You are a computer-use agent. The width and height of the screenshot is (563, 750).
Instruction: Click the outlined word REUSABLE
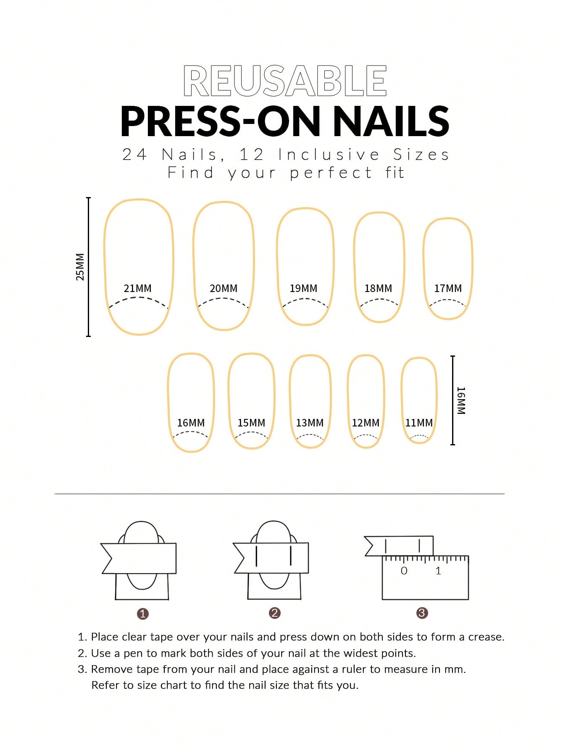click(285, 81)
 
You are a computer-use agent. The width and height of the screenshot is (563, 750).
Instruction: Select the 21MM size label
click(137, 289)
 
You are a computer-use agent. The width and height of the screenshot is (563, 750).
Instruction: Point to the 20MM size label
click(224, 289)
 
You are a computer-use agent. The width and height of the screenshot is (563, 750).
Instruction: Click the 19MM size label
click(303, 289)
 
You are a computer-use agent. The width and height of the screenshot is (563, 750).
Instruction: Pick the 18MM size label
click(378, 289)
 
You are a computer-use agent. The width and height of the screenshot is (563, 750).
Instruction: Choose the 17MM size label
click(448, 289)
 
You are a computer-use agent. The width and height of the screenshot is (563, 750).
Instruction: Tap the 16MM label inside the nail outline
click(191, 423)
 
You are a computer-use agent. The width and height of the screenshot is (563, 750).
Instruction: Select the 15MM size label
click(251, 423)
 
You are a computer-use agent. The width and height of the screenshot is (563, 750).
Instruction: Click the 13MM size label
click(310, 423)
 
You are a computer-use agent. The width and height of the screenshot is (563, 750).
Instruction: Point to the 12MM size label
click(366, 423)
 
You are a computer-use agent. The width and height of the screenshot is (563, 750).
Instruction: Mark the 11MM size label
click(419, 423)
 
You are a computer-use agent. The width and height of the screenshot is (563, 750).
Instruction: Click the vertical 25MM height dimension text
click(80, 267)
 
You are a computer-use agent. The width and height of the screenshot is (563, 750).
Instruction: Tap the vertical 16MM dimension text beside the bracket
click(461, 401)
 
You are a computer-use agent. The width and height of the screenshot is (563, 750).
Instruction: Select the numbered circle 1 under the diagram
click(143, 614)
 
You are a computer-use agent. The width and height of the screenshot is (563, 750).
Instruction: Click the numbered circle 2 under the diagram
click(275, 613)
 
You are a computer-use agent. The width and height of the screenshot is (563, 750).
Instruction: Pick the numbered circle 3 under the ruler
click(422, 613)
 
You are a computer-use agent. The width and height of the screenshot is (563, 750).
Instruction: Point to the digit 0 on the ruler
click(404, 571)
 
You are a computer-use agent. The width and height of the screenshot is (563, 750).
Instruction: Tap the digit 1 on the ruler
click(438, 571)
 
